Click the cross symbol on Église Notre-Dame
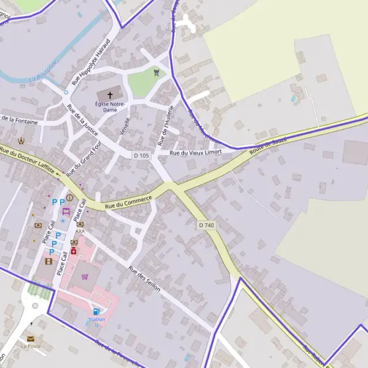(x=110, y=95)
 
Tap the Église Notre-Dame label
(x=110, y=107)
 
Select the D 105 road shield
(x=141, y=156)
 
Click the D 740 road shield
(x=207, y=226)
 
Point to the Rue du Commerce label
(x=128, y=202)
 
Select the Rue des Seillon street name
(x=145, y=279)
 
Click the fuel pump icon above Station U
(x=95, y=312)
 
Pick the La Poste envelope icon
(x=30, y=338)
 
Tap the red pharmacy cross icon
(x=74, y=251)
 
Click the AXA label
(x=80, y=231)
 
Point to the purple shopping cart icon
(x=85, y=277)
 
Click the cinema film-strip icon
(x=48, y=261)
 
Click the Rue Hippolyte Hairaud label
(x=90, y=63)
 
